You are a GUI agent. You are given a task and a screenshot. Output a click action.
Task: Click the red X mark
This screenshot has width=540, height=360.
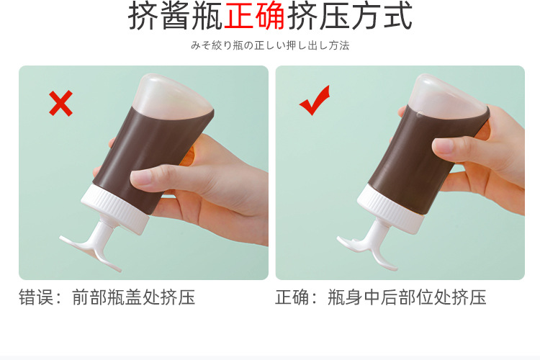point(60,104)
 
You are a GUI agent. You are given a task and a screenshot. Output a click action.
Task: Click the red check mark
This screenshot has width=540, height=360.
point(314,101)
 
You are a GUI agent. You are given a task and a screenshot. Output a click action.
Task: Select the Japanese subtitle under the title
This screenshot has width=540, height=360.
point(270,45)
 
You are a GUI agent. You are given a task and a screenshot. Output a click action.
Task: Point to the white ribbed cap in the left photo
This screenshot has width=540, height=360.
point(114,206)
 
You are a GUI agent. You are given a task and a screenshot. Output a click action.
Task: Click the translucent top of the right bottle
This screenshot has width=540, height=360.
point(449,97)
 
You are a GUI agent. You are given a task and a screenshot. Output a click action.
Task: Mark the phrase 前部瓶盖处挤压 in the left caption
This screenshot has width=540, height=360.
point(133,297)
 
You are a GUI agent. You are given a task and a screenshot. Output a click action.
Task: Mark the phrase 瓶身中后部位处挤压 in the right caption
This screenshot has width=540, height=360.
point(407,297)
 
